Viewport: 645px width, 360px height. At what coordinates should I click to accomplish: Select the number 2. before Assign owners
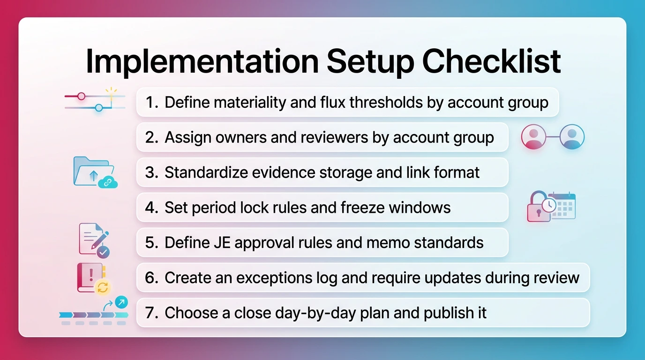152,137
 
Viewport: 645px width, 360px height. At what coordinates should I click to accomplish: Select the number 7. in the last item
152,313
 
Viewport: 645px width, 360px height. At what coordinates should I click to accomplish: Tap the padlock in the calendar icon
538,207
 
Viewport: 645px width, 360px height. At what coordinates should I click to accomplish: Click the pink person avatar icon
533,137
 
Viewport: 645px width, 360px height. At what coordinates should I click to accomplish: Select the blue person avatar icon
572,137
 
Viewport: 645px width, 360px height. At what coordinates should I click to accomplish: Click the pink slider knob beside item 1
82,96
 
